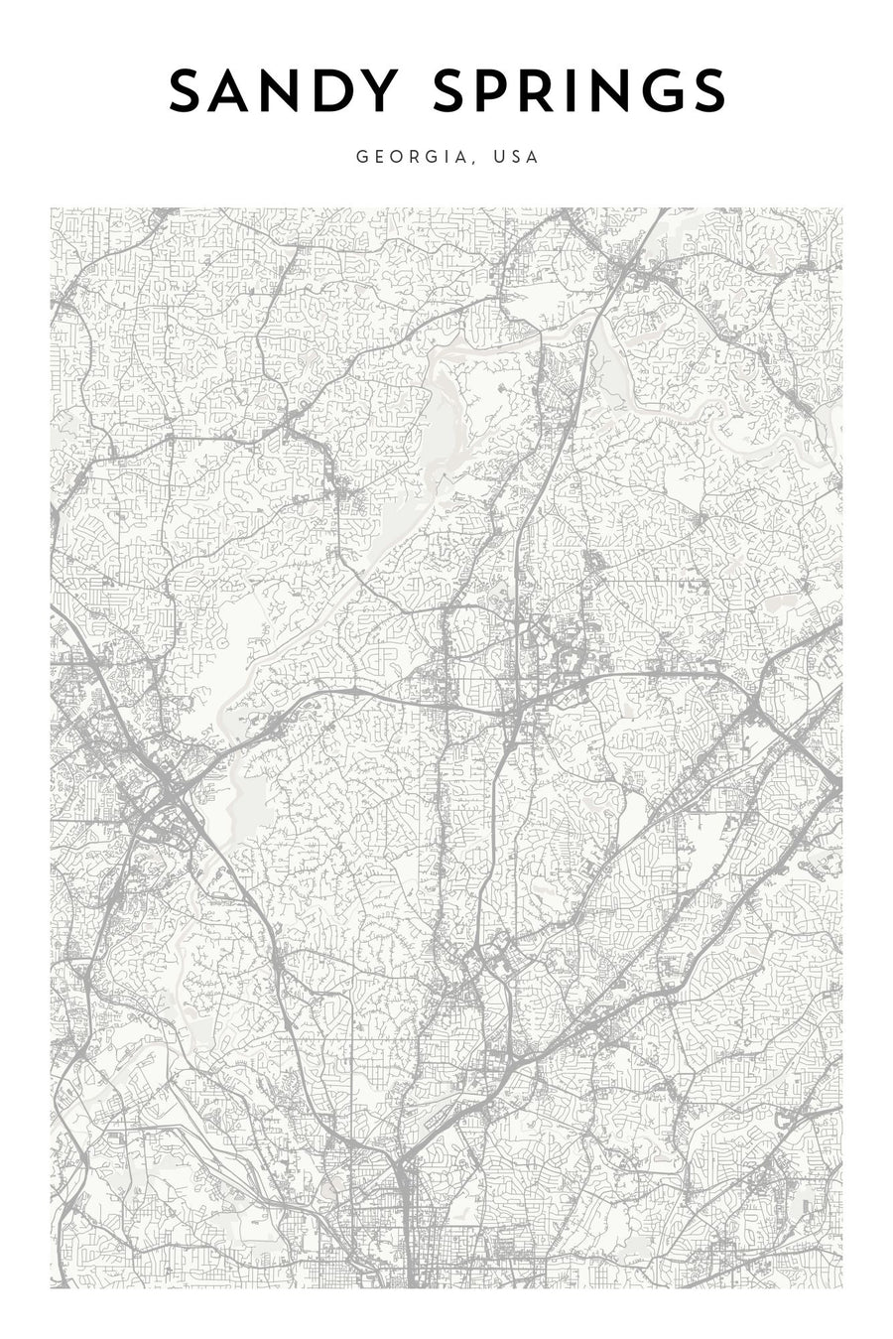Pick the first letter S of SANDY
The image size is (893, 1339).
pos(187,92)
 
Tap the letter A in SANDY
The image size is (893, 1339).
pos(234,92)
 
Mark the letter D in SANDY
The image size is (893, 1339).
pos(336,92)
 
